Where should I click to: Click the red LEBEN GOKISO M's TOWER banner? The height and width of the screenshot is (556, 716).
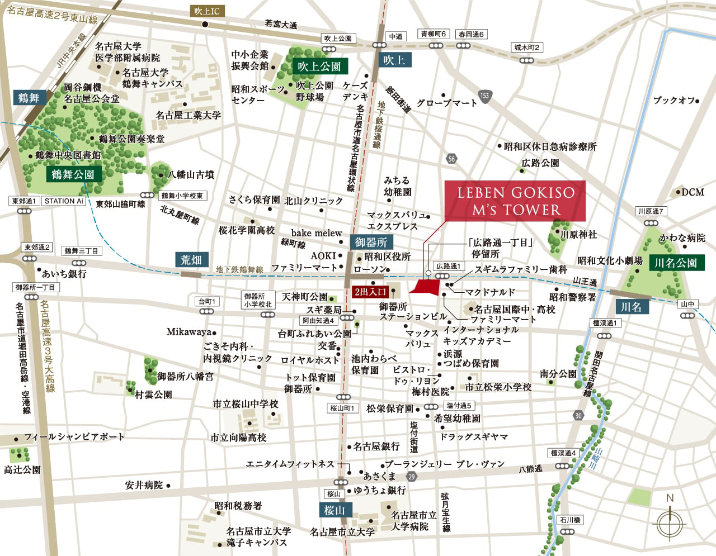(x=515, y=201)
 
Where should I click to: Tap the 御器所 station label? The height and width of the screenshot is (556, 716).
(x=371, y=243)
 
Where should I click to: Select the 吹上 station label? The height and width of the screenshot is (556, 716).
(x=394, y=60)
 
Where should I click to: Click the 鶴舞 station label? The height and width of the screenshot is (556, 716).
(x=29, y=98)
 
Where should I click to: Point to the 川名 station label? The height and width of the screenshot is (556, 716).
(x=631, y=307)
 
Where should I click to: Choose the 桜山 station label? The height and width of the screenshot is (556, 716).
(x=334, y=510)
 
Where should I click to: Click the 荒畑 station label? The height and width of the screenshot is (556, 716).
(x=191, y=260)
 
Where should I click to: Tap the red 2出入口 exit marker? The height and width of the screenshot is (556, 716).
(x=370, y=292)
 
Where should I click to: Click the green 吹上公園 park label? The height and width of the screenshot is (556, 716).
(x=319, y=66)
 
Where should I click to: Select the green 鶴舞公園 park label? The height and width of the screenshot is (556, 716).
(x=73, y=174)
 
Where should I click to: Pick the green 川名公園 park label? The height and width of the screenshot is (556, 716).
(x=676, y=263)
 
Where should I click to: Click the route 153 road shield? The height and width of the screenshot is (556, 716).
(x=484, y=96)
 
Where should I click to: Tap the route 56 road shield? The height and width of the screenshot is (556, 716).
(x=451, y=159)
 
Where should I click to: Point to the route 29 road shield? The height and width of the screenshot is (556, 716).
(x=412, y=476)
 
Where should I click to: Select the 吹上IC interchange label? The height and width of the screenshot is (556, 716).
(x=207, y=11)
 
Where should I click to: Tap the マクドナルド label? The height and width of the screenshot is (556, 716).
(x=490, y=292)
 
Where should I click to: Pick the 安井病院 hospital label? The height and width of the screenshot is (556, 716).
(x=144, y=485)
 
